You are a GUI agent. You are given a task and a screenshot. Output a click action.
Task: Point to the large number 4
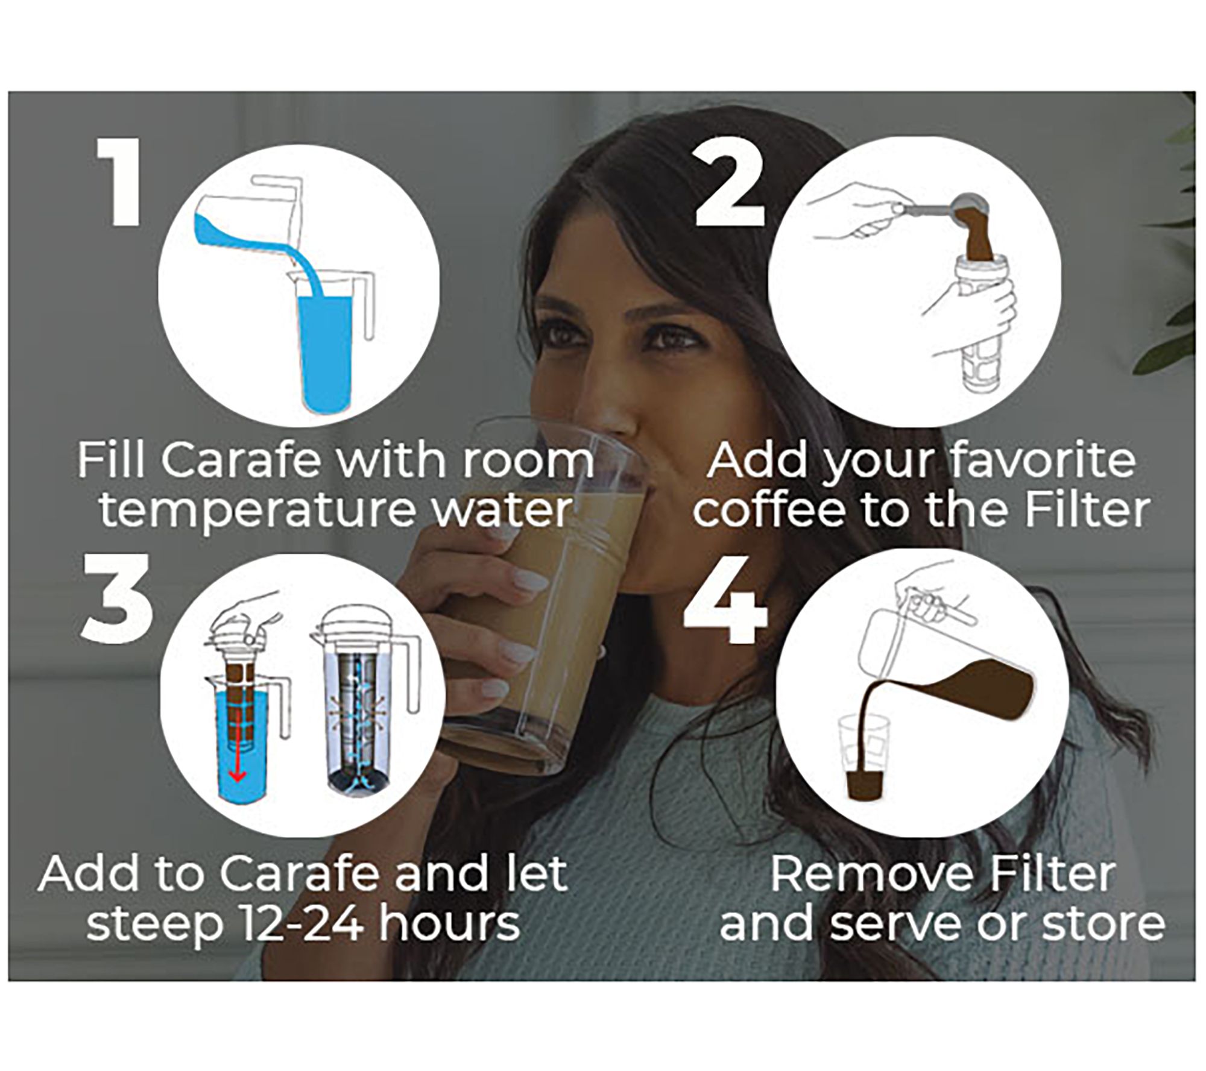coord(725,600)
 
